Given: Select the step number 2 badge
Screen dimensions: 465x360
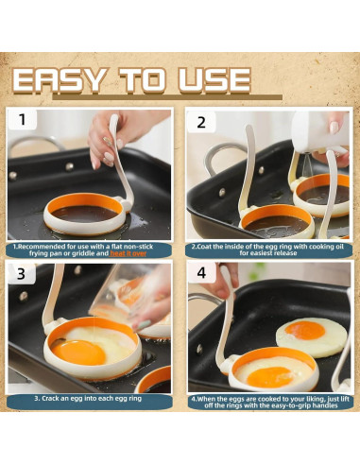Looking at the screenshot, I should [x=200, y=121].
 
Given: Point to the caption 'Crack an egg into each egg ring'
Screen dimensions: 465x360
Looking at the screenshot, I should [x=91, y=399].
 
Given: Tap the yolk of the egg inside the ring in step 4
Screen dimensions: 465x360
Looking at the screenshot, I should [x=266, y=374].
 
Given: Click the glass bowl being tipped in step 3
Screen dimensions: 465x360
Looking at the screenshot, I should [x=123, y=293].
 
